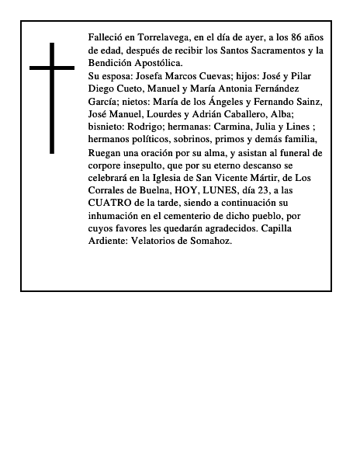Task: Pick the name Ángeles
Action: [221, 102]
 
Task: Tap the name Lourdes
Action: [172, 114]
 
